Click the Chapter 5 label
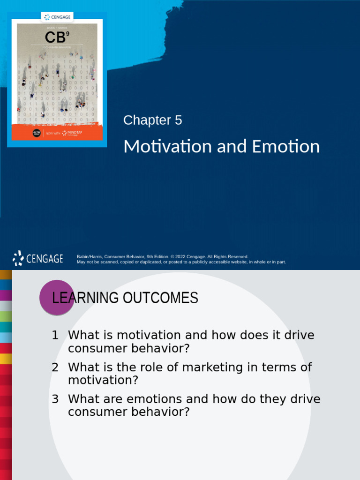coord(152,120)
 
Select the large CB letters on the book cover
coord(55,37)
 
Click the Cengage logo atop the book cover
coord(57,17)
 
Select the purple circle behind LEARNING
coord(57,297)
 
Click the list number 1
coord(55,335)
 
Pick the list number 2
coord(55,367)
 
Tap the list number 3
coord(55,399)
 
